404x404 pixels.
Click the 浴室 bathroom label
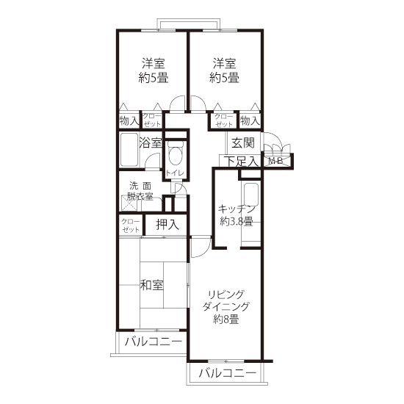pyautogui.click(x=151, y=143)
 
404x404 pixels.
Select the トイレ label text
pyautogui.click(x=175, y=173)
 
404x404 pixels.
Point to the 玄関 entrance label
pyautogui.click(x=243, y=143)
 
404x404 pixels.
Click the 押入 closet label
pyautogui.click(x=167, y=225)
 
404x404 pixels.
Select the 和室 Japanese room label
pyautogui.click(x=152, y=285)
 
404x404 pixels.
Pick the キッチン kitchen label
pyautogui.click(x=237, y=209)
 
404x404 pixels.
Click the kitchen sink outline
pyautogui.click(x=251, y=192)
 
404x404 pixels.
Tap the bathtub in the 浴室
pyautogui.click(x=129, y=150)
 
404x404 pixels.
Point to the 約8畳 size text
pyautogui.click(x=226, y=320)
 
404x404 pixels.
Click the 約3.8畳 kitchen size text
pyautogui.click(x=237, y=221)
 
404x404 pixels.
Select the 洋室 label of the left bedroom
pyautogui.click(x=154, y=64)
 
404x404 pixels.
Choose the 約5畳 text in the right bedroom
pyautogui.click(x=224, y=77)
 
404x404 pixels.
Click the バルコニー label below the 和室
pyautogui.click(x=154, y=342)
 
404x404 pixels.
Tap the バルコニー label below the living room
pyautogui.click(x=228, y=373)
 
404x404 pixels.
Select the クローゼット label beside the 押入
pyautogui.click(x=131, y=226)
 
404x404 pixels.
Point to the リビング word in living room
pyautogui.click(x=226, y=294)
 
